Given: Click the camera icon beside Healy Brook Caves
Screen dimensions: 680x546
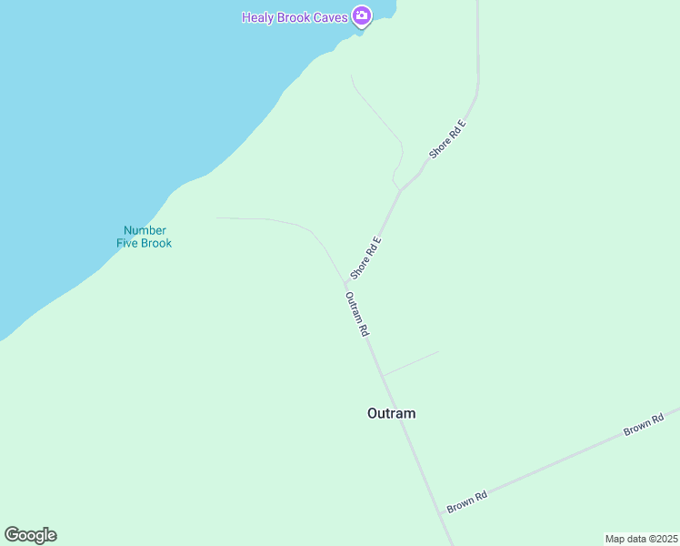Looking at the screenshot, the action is pos(362,15).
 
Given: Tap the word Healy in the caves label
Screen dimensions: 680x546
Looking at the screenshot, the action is pos(258,17).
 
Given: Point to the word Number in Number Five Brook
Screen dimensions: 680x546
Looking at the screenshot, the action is pos(145,230).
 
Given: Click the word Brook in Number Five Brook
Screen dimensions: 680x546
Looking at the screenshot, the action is pos(157,243).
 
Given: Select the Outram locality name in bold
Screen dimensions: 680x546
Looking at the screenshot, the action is pos(391,413).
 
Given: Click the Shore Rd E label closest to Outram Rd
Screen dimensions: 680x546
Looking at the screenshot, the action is pos(365,258).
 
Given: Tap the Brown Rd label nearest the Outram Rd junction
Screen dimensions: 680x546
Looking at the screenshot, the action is pos(467,501).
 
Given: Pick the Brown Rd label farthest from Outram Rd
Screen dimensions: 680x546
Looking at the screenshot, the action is pos(644,424).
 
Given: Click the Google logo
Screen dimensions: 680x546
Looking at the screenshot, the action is pos(30,535).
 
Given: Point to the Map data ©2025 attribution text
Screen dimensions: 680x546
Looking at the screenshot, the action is pos(642,539).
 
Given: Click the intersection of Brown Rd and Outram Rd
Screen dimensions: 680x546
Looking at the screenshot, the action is pos(442,514).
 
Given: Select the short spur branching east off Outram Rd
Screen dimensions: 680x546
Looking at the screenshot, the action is pos(410,363).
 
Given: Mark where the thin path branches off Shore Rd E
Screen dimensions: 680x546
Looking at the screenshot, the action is pos(399,190).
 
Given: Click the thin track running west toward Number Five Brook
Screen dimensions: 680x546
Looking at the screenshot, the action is pos(264,219).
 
